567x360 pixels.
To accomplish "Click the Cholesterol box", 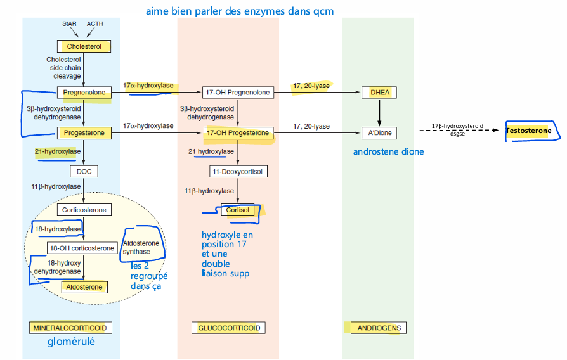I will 84,46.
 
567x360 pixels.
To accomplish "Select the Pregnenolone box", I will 84,93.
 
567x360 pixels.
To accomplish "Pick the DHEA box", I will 379,93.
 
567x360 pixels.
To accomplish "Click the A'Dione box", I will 379,133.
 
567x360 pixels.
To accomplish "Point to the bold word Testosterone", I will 528,131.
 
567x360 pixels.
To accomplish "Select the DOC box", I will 84,172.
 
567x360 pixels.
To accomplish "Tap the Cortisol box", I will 237,210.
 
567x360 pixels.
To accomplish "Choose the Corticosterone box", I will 84,210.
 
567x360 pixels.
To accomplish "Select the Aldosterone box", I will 84,287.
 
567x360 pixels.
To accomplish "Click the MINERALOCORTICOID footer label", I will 70,328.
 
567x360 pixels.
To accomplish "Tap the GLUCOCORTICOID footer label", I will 228,328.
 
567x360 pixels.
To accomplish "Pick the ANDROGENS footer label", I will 379,328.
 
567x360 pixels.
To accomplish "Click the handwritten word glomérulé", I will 71,342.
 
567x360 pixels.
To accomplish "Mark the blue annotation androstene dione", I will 388,152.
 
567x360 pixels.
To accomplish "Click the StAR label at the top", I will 70,24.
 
